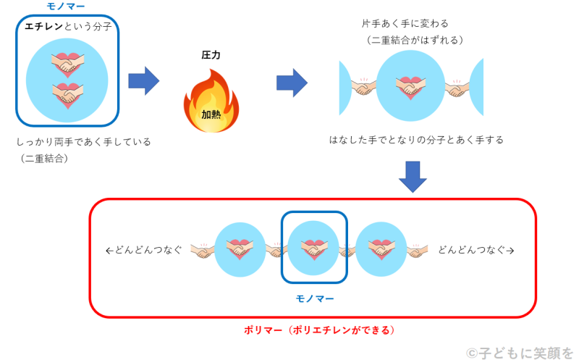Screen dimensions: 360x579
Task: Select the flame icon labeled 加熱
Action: [x=211, y=102]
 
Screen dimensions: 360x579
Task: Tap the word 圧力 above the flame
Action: [x=211, y=54]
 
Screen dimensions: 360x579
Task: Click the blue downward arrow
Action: [x=413, y=176]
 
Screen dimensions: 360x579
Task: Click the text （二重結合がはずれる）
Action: [x=415, y=40]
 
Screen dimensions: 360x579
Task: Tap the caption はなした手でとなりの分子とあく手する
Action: [x=416, y=139]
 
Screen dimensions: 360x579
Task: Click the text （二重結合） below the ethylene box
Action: [x=44, y=158]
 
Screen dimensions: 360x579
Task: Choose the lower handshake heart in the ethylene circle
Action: [x=67, y=95]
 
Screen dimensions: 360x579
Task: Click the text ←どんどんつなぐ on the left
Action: [x=143, y=250]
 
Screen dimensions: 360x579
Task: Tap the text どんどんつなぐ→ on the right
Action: [x=476, y=250]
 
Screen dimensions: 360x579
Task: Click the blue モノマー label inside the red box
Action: [x=315, y=298]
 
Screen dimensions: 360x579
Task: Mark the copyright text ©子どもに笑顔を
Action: [x=519, y=352]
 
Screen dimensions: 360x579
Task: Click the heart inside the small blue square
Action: [x=313, y=248]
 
